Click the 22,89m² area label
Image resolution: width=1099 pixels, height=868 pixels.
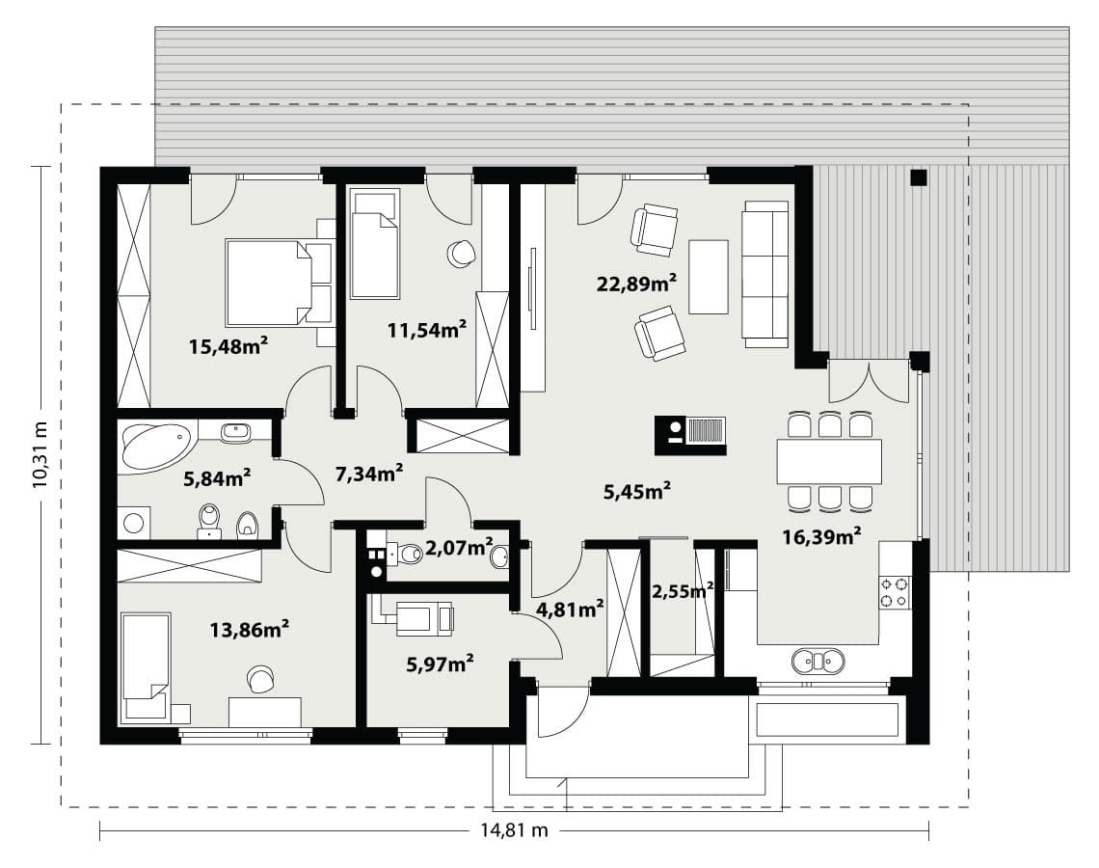click(636, 284)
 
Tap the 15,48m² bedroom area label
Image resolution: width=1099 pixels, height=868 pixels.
click(228, 345)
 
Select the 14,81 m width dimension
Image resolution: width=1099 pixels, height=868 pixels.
click(514, 830)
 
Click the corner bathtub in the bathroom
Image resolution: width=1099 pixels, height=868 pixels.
click(158, 446)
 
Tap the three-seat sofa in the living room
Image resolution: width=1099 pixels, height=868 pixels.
click(765, 274)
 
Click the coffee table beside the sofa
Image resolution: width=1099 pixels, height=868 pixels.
click(709, 276)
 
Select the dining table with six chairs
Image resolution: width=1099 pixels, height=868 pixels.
click(829, 461)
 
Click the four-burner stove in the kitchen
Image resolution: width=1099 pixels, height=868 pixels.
click(895, 592)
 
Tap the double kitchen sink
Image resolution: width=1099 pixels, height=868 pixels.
click(818, 661)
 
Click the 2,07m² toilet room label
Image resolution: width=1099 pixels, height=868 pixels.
click(459, 547)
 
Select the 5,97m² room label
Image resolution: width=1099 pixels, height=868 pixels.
click(440, 663)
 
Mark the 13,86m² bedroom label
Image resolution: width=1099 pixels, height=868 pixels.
click(250, 629)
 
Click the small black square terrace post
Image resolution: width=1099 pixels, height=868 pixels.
click(918, 176)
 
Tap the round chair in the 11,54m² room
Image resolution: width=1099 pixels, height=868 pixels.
click(461, 253)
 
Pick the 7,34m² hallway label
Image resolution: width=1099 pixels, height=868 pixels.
click(368, 474)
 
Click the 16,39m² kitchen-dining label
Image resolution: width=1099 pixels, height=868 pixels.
click(821, 536)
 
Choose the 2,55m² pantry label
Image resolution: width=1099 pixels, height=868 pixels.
click(683, 591)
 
